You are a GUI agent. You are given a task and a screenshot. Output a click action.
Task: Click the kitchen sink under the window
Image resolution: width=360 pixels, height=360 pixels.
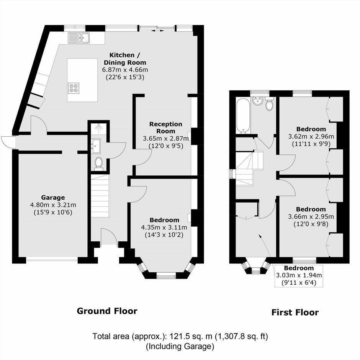coord(79,38)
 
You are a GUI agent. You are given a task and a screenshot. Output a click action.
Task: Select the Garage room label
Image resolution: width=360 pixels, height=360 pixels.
coord(53,198)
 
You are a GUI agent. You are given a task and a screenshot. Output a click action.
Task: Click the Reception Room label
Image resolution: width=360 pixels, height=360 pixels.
coord(166,128)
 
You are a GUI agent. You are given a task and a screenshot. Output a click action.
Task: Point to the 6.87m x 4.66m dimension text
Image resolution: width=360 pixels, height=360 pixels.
coord(125,70)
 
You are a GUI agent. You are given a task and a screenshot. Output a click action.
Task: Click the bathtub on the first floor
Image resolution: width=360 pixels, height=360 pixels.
coord(243,116)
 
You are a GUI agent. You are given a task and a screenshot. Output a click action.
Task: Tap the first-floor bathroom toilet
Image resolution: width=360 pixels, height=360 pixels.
coord(269,104)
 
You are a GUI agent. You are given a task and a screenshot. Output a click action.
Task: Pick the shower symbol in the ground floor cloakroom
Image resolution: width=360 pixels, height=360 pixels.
coord(99,128)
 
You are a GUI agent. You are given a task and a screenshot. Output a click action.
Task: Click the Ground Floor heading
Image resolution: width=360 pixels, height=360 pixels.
coord(107,311)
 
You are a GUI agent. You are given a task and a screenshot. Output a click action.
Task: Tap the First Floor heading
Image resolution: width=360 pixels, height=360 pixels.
coord(295,312)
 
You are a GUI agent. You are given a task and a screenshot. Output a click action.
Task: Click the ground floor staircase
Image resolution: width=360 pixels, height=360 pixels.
coord(100,196)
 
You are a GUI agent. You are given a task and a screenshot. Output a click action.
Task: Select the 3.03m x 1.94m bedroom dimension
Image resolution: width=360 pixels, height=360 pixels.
coord(299,275)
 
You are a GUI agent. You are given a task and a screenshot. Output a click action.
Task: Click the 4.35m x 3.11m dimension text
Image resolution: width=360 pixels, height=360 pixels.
coord(164,227)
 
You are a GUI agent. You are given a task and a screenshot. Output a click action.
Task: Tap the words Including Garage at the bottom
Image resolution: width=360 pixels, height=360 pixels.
coord(180,346)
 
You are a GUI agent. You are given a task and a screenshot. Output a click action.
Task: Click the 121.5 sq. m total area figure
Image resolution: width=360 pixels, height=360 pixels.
coord(191,336)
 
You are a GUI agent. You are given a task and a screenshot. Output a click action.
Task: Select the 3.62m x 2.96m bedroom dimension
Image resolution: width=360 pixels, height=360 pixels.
coord(311,136)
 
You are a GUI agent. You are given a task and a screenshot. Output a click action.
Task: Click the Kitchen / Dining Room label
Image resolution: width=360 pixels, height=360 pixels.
coord(125,59)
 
